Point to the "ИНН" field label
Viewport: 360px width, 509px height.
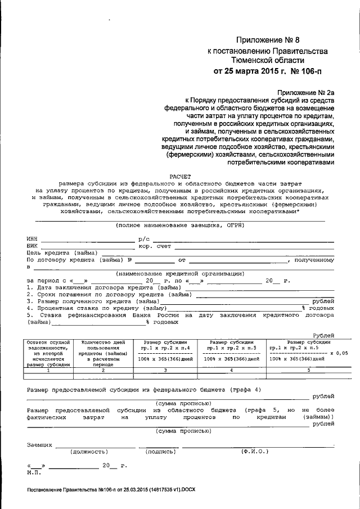pyautogui.click(x=32, y=239)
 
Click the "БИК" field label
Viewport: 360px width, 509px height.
pyautogui.click(x=32, y=246)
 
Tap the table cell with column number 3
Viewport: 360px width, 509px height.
pyautogui.click(x=165, y=370)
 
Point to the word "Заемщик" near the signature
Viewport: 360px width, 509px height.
pyautogui.click(x=39, y=444)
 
